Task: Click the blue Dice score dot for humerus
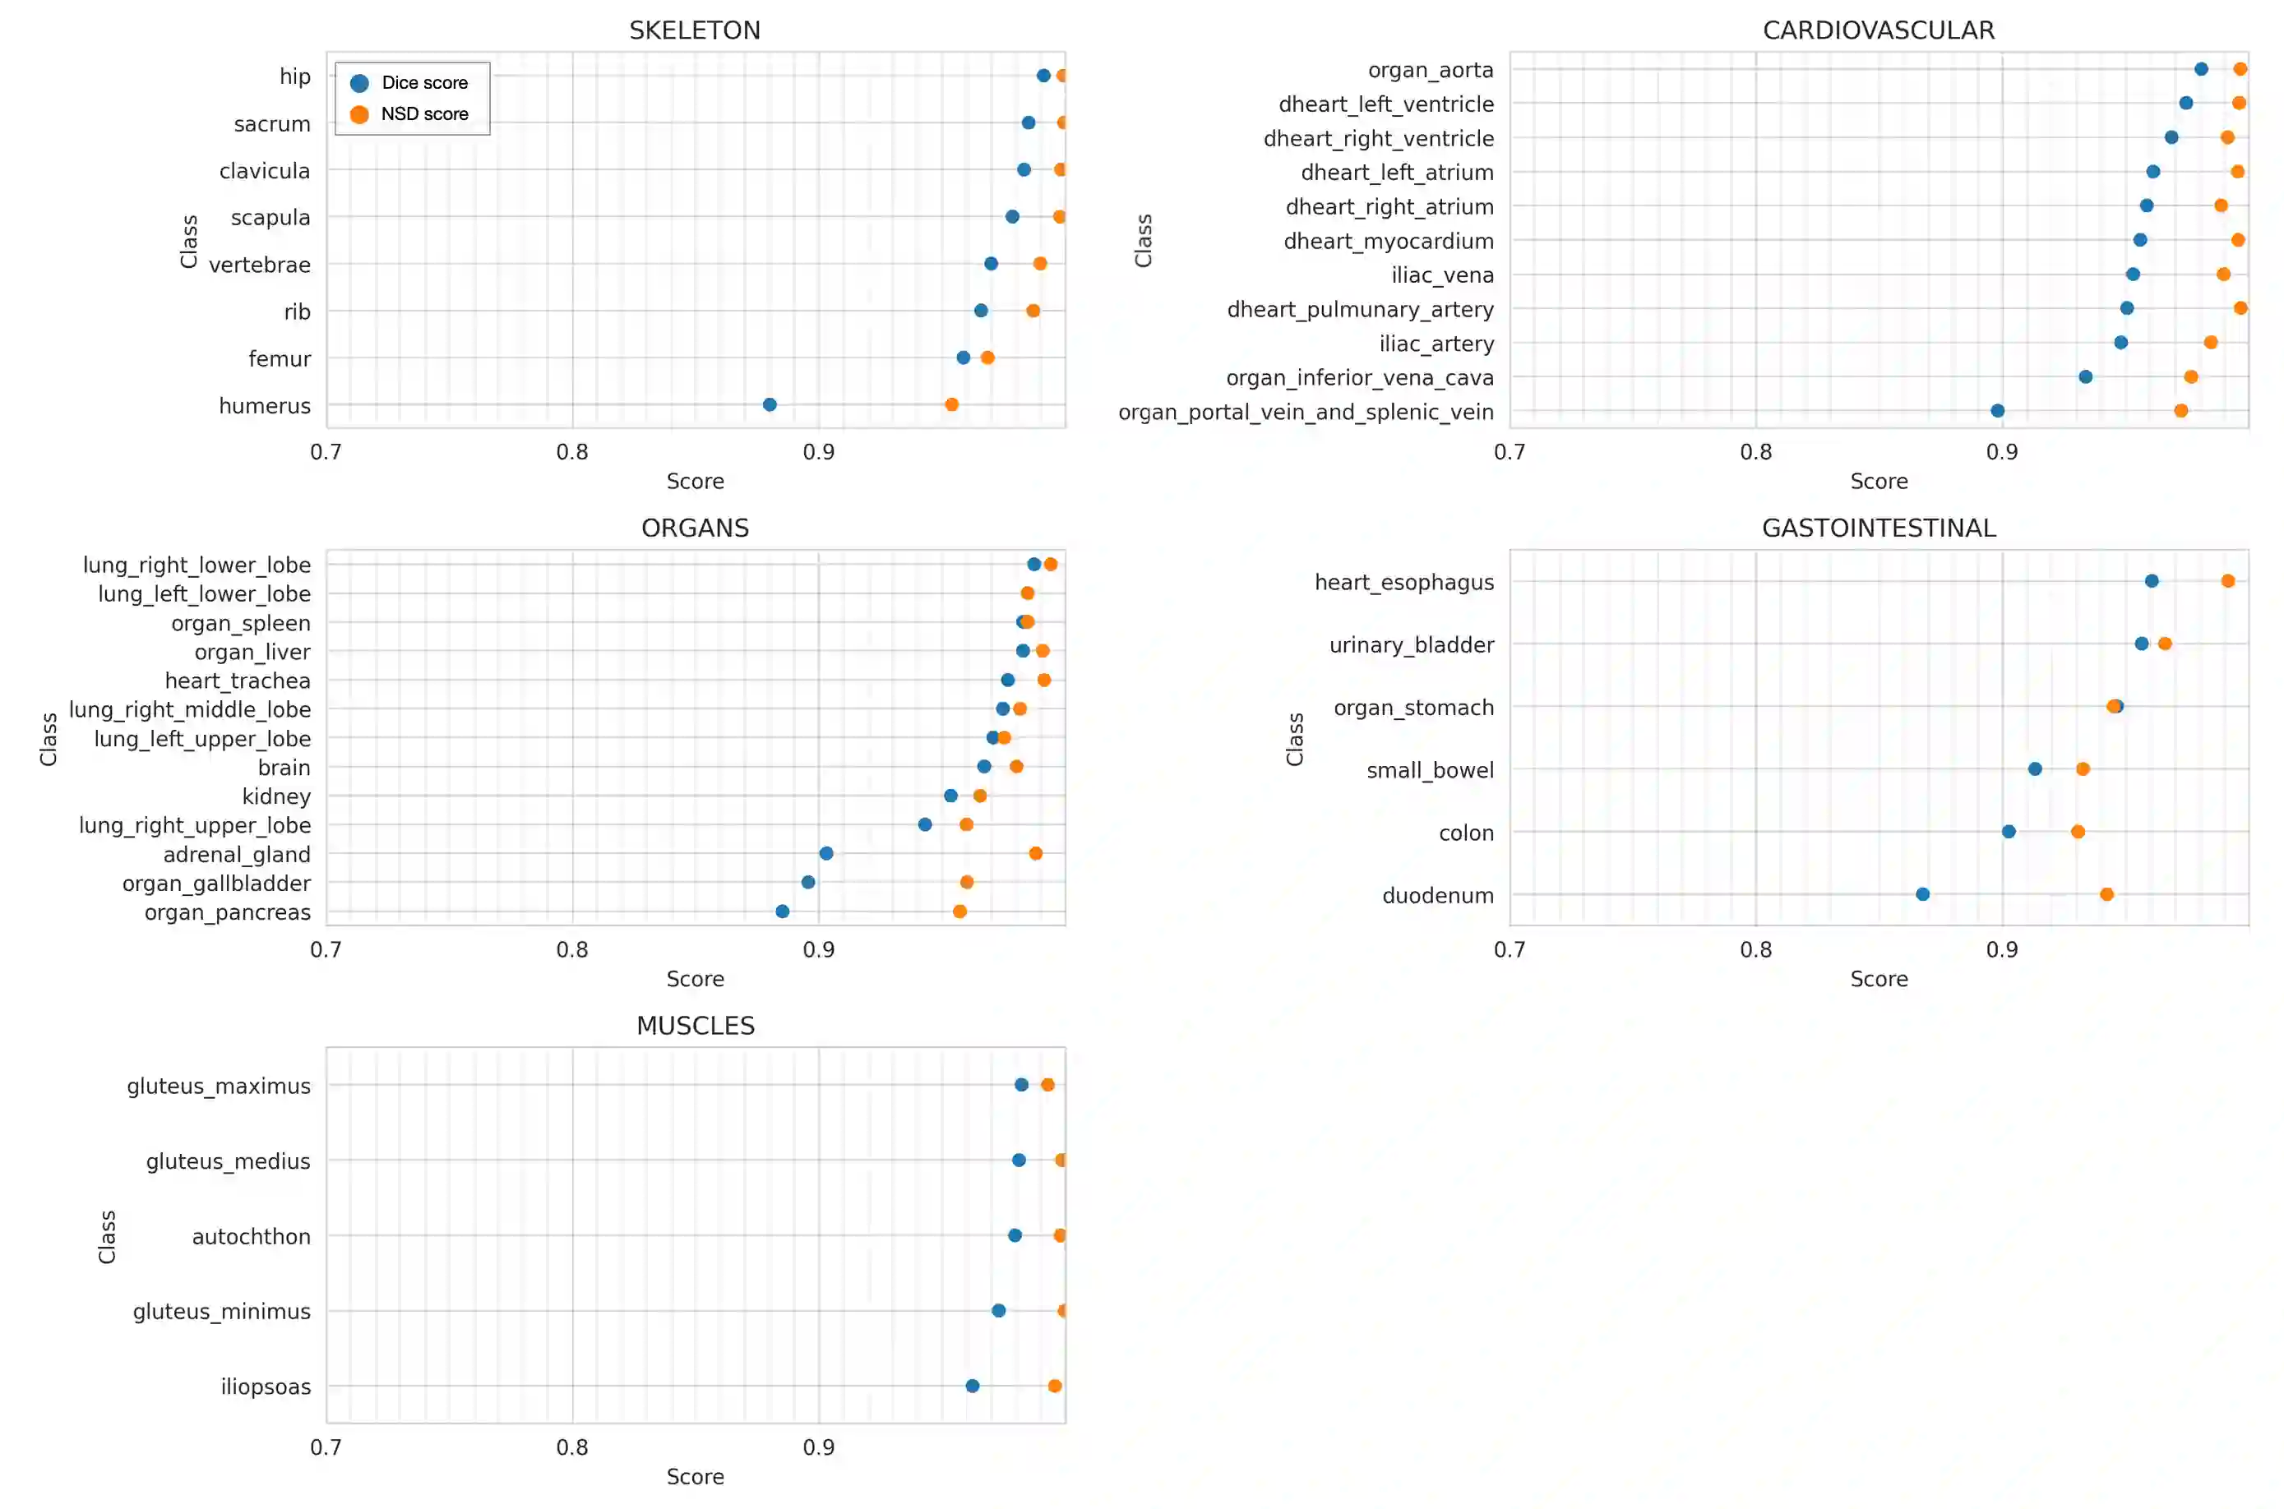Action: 769,404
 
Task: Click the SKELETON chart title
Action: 694,30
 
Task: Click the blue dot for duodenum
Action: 1921,894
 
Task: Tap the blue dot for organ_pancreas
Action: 782,911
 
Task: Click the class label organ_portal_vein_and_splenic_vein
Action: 1305,412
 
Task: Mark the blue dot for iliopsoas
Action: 971,1386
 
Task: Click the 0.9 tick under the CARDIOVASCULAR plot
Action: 2001,451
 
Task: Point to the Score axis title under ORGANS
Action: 694,979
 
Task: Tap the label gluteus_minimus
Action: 221,1311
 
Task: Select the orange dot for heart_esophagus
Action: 2226,581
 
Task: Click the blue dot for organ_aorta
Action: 2200,69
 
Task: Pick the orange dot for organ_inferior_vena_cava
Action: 2189,377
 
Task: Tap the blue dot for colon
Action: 2008,832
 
